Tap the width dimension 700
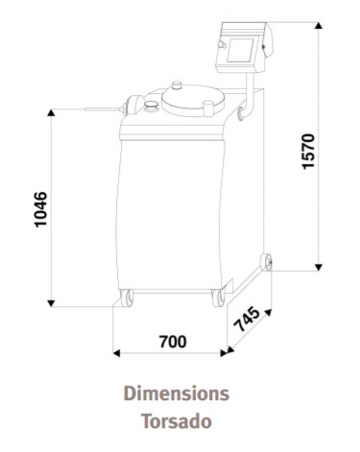click(x=172, y=341)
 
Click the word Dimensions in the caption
click(x=175, y=393)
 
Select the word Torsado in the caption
click(x=175, y=419)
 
